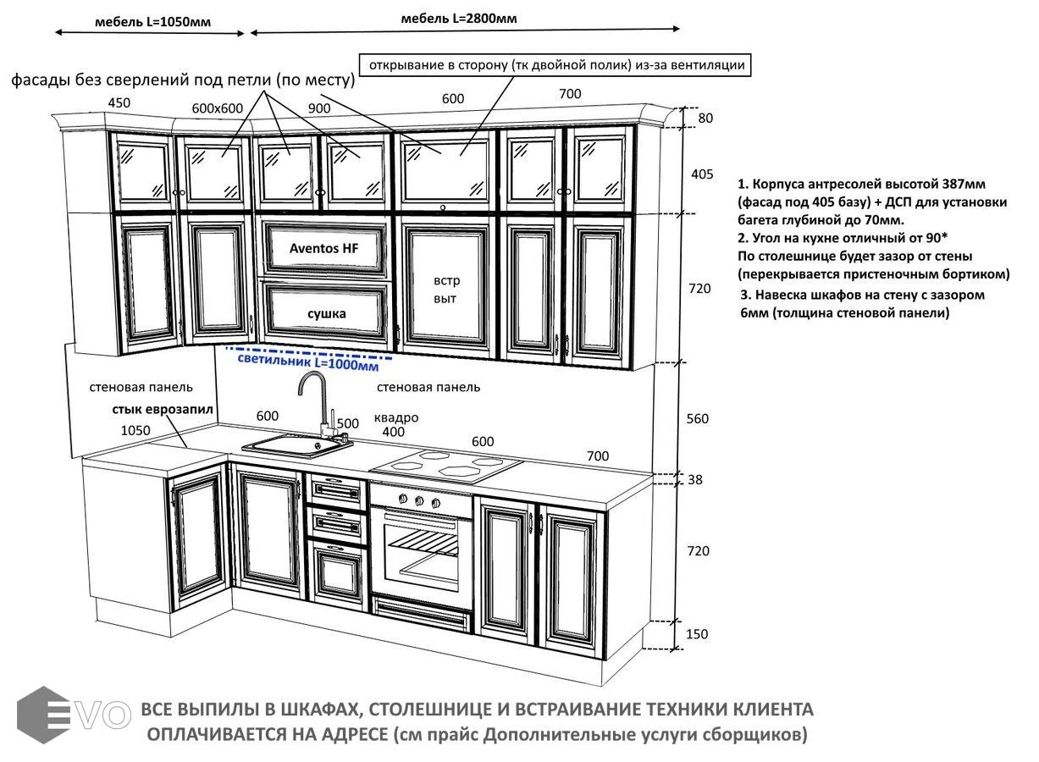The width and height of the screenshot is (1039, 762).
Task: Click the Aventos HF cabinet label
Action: click(x=324, y=248)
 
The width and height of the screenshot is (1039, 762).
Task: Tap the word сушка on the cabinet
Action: click(x=326, y=313)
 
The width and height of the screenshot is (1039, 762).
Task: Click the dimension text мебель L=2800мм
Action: click(x=459, y=19)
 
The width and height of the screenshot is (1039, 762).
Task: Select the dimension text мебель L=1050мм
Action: click(x=152, y=23)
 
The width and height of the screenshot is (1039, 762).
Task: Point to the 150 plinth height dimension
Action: click(x=696, y=634)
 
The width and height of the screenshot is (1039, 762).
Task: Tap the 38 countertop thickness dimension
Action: click(x=695, y=479)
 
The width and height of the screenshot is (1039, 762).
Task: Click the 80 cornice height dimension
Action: click(x=705, y=118)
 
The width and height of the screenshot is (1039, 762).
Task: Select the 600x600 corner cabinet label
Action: click(x=218, y=108)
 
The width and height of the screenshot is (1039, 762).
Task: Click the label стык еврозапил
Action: click(x=162, y=410)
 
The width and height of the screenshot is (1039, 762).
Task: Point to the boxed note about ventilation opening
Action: click(x=555, y=64)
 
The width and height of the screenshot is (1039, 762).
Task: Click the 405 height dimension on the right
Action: click(x=702, y=174)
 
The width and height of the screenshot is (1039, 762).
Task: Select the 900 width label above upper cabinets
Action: click(x=319, y=108)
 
